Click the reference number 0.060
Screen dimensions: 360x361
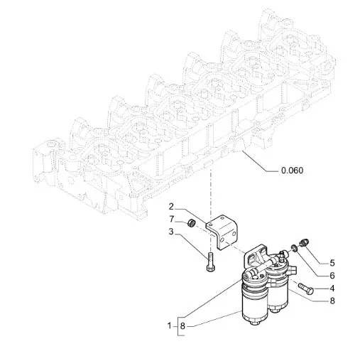click(292, 171)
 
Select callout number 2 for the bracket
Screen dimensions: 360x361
click(171, 207)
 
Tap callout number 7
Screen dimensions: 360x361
click(172, 220)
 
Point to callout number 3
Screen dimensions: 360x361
click(171, 232)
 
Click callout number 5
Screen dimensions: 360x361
click(332, 263)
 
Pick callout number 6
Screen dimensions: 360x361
click(332, 276)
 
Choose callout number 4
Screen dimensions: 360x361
click(332, 289)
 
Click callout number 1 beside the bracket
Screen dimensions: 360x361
click(170, 326)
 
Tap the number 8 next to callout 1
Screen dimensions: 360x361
click(182, 326)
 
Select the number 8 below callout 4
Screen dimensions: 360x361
click(332, 301)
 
